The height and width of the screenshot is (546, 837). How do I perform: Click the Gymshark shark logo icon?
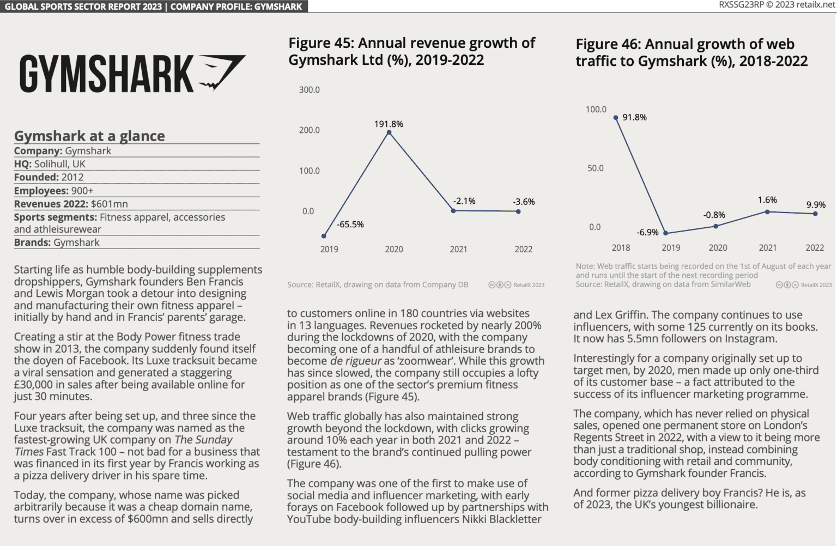coord(221,71)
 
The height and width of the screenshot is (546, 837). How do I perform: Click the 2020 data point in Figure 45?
coord(389,132)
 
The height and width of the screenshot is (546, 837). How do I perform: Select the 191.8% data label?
coord(389,124)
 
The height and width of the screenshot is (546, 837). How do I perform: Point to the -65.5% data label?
coord(350,225)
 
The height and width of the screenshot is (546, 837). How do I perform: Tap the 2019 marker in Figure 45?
coord(324,236)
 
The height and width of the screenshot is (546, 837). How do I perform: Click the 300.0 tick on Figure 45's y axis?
coord(309,90)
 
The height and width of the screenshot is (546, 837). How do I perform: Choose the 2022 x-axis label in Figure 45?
coord(523,249)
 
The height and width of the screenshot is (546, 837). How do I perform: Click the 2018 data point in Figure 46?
coord(616,118)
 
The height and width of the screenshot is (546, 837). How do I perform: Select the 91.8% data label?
coord(634,118)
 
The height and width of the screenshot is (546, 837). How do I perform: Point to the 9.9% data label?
coord(816,205)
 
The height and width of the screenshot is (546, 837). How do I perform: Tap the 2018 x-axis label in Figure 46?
coord(621,248)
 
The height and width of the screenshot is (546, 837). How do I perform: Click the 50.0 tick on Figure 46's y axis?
coord(595,168)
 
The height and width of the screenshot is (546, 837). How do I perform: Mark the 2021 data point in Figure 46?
coord(767,211)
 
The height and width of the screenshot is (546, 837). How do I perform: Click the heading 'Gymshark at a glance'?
coord(89,136)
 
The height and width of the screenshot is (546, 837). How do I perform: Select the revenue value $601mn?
coord(110,204)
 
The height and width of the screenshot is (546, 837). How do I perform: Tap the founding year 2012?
coord(72,177)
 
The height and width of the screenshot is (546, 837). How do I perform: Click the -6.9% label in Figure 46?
coord(647,233)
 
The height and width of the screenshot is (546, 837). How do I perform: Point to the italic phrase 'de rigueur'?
coord(356,361)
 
